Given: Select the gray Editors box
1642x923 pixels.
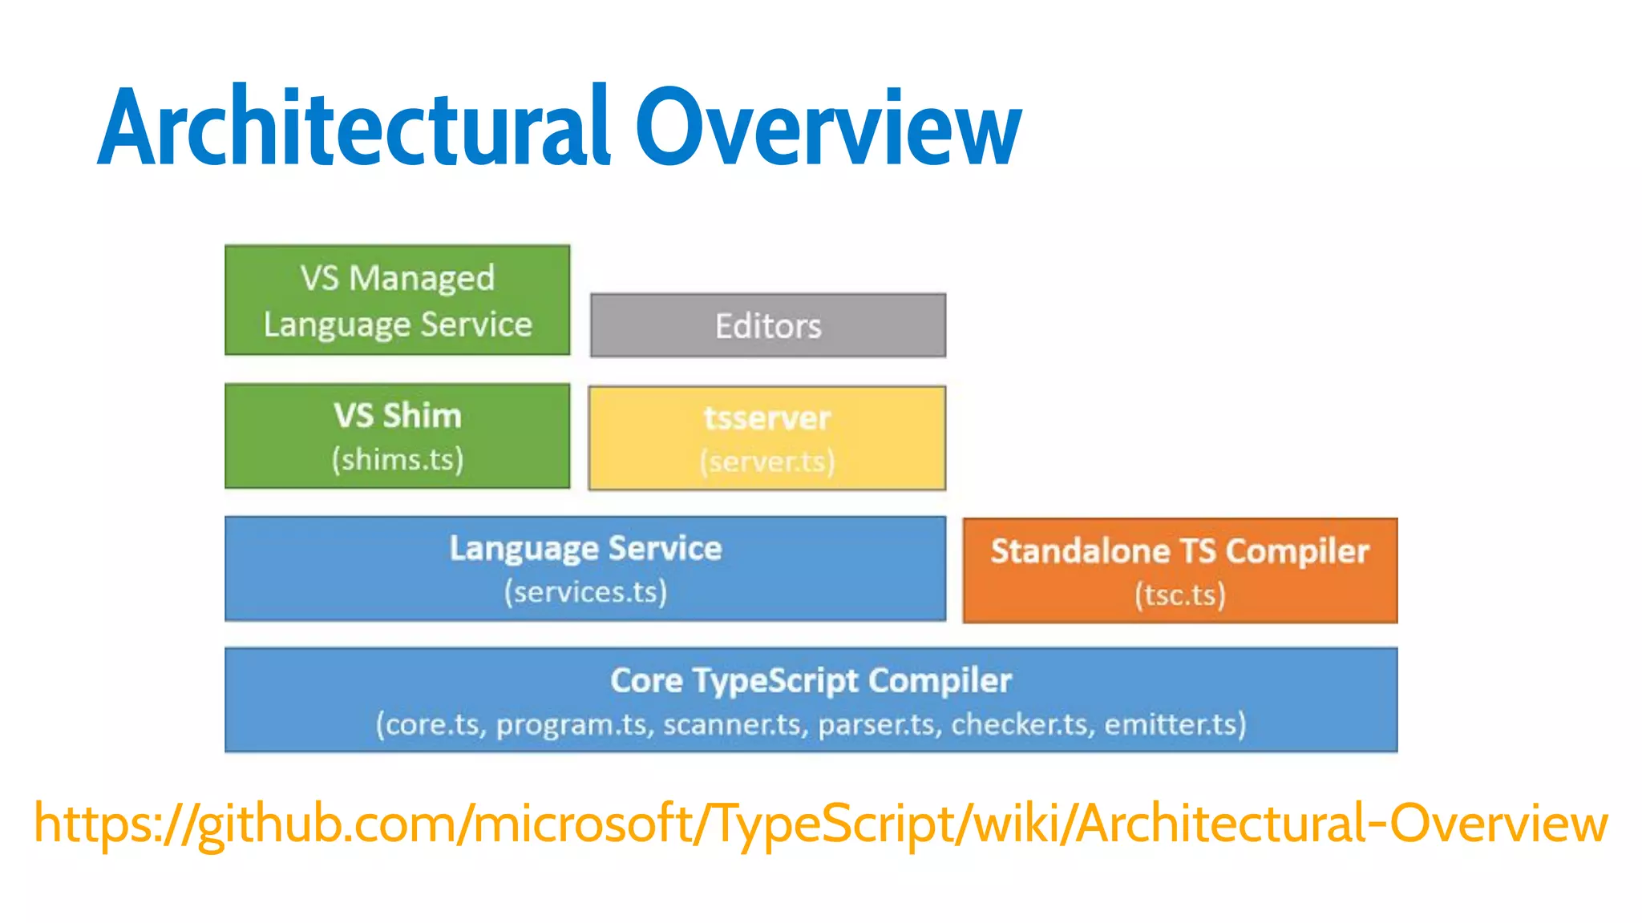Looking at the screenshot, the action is (768, 325).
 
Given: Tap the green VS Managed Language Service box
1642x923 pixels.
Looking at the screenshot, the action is (398, 300).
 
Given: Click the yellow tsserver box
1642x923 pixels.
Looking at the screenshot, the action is (767, 438).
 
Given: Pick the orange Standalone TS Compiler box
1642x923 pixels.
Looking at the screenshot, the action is (1179, 570).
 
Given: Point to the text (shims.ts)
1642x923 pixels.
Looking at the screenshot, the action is (398, 460).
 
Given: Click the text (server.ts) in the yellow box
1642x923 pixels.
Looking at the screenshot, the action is (767, 462).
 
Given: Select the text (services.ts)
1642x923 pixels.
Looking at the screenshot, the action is (585, 592).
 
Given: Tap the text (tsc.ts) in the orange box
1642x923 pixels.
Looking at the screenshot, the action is (1179, 595).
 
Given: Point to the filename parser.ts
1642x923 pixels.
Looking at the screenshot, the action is (878, 724).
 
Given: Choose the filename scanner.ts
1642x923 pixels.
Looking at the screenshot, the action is (733, 724).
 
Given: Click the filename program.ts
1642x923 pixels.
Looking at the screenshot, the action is (572, 725).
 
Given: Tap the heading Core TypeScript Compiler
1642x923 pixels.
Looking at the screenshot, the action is (811, 680).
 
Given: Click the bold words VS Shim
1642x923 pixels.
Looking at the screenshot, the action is (398, 416).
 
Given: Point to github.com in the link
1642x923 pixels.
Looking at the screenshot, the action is (326, 824).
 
